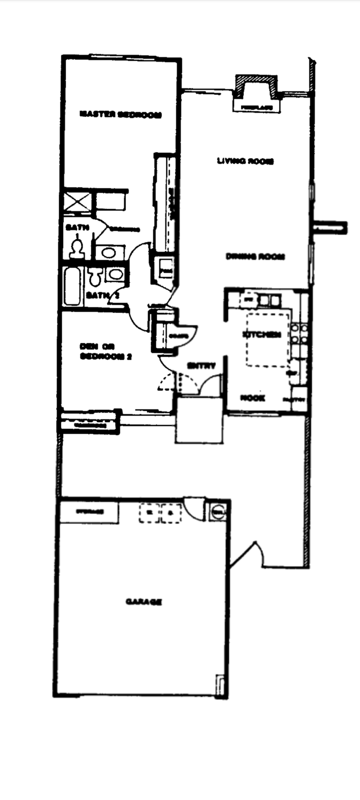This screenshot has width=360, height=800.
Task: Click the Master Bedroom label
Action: pos(120,114)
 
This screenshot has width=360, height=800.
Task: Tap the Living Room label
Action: pos(245,161)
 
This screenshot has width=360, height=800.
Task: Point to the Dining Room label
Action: pos(255,257)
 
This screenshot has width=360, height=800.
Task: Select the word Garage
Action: pos(144,601)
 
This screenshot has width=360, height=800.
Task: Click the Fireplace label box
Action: pos(257,107)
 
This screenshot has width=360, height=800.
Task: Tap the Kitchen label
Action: pos(262,334)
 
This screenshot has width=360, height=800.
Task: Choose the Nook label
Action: pos(253,398)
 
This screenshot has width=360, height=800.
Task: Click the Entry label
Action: pos(201,366)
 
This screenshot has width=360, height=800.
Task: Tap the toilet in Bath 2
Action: pos(95,277)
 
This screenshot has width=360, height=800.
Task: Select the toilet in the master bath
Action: pos(76,249)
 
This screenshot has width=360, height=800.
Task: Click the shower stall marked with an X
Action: pos(78,202)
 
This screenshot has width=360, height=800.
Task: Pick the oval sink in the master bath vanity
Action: pos(110,253)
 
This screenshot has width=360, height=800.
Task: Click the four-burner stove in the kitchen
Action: pos(299,334)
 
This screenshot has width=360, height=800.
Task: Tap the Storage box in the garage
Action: pos(90,512)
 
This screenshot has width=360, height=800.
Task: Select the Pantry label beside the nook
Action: pos(294,400)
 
